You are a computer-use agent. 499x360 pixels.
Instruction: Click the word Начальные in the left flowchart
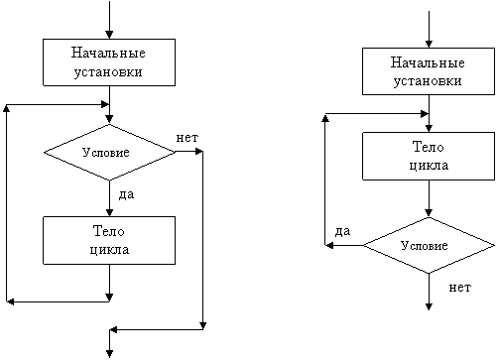[x=108, y=53]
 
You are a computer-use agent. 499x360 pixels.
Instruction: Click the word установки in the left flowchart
[x=108, y=72]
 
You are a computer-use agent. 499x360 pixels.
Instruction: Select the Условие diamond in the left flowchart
[x=109, y=153]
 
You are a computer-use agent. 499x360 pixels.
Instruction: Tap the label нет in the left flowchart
[x=187, y=138]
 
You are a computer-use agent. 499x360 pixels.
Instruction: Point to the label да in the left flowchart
[x=126, y=194]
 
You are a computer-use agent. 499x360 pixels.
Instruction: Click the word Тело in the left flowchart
[x=109, y=231]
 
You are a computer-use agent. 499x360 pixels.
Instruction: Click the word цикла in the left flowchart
[x=109, y=250]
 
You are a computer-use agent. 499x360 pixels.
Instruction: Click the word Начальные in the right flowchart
[x=428, y=62]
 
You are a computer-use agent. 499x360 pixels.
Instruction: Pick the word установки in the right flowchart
[x=428, y=81]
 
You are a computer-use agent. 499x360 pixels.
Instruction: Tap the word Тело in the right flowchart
[x=429, y=147]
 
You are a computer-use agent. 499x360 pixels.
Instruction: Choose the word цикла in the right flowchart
[x=429, y=166]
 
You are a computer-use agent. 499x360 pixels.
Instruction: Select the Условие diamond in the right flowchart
[x=429, y=245]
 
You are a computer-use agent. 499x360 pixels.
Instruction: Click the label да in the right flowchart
[x=342, y=231]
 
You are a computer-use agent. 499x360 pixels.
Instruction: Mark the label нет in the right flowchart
[x=459, y=288]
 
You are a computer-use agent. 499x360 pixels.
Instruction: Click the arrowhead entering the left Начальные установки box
[x=109, y=35]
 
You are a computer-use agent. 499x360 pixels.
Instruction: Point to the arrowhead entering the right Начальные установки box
[x=429, y=44]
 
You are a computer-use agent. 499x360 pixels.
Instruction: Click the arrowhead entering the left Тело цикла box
[x=109, y=212]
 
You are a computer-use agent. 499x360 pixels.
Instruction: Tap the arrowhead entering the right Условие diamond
[x=429, y=213]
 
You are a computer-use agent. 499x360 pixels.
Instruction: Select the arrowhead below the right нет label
[x=429, y=306]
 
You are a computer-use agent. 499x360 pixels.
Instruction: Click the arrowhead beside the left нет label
[x=198, y=152]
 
